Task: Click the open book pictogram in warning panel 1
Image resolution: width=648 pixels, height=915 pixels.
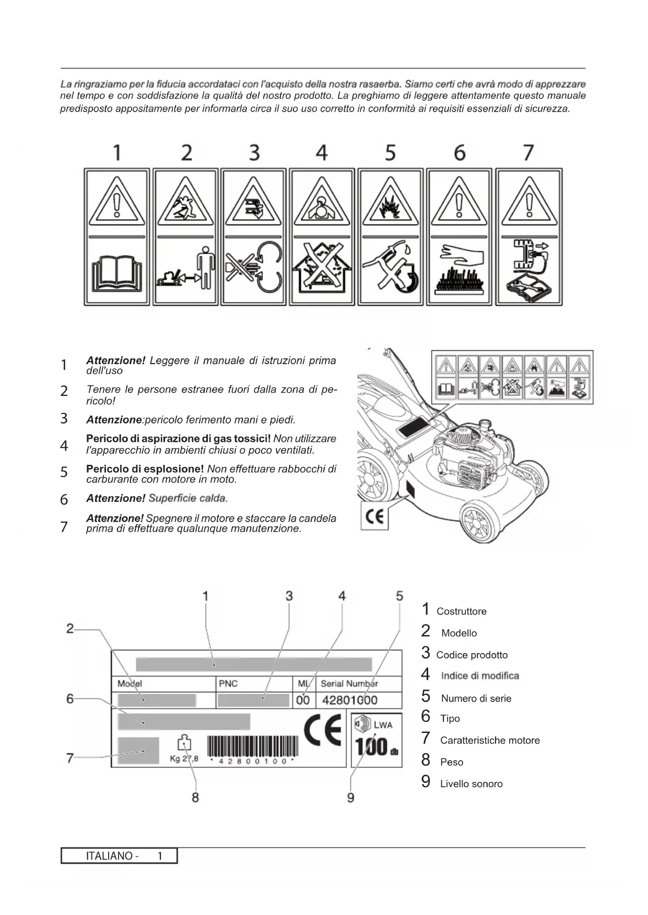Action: coord(116,271)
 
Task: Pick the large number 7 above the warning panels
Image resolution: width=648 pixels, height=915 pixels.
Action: coord(528,152)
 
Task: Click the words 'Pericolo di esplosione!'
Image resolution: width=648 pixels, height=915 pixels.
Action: coord(145,468)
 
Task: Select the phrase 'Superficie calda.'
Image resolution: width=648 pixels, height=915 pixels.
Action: coord(188,498)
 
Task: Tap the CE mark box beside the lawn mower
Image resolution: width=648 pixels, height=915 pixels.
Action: coord(374,516)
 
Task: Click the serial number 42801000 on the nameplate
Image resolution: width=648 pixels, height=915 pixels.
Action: coord(349,700)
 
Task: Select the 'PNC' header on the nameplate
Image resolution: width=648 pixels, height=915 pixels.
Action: coord(228,683)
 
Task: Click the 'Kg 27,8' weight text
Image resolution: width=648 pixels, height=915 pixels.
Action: coord(184,759)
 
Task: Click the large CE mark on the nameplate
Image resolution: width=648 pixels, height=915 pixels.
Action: coord(323,730)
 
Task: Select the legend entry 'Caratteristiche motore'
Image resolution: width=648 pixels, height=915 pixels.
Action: coord(489,740)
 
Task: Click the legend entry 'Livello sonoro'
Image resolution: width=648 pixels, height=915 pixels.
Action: coord(471,784)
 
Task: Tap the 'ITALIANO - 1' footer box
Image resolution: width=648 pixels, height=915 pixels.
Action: coord(119,856)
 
